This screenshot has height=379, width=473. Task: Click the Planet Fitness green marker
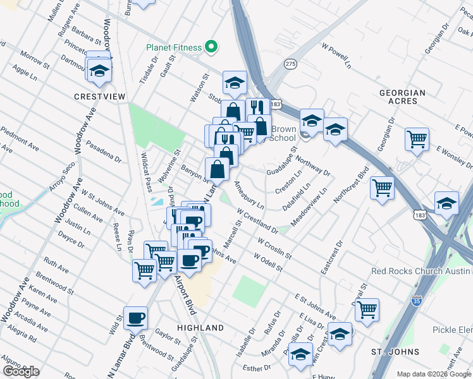[213, 47]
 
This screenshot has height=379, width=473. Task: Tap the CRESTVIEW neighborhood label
[100, 97]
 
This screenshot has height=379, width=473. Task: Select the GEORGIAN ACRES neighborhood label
[402, 97]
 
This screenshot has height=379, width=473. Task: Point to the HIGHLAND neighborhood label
[200, 328]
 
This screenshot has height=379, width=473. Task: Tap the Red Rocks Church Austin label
[422, 271]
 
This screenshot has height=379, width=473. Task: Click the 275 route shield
[290, 64]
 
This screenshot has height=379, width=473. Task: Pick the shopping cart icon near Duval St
[367, 309]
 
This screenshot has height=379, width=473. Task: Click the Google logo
[21, 371]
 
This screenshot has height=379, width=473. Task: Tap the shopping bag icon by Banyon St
[218, 169]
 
